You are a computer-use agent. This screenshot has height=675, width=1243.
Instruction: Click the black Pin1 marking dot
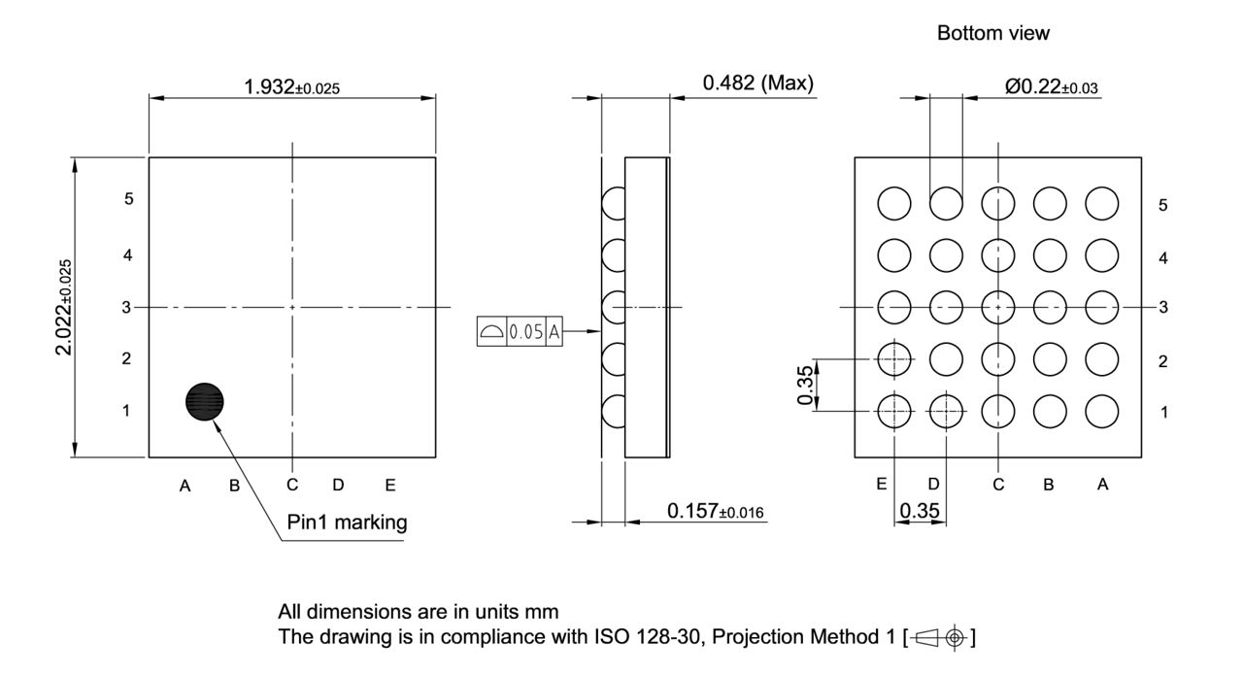click(205, 400)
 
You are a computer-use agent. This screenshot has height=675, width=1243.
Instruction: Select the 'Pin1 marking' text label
click(347, 523)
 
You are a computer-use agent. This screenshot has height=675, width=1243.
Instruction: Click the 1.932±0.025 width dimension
click(291, 86)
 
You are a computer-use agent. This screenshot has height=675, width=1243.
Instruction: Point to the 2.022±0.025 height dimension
click(64, 307)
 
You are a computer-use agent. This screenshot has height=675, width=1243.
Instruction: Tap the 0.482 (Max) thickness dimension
click(757, 84)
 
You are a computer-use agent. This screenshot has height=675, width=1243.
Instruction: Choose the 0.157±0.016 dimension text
click(717, 511)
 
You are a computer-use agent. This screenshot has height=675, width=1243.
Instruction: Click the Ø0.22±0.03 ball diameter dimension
click(1051, 86)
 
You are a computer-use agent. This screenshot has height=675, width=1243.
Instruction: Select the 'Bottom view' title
click(992, 33)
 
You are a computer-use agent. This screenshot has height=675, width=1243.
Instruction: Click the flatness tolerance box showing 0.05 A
click(520, 331)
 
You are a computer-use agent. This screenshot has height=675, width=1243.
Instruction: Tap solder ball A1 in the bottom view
click(1102, 411)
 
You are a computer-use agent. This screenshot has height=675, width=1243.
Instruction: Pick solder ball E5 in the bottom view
click(894, 204)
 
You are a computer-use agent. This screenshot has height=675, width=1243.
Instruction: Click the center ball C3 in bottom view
click(998, 307)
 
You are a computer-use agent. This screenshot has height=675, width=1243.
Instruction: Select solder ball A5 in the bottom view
click(1102, 204)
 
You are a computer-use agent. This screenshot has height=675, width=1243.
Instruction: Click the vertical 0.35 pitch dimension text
click(805, 386)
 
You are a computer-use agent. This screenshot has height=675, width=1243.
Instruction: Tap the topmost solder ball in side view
click(614, 205)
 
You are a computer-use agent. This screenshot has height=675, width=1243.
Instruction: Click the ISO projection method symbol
click(939, 638)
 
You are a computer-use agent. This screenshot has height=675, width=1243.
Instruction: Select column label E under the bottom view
click(882, 485)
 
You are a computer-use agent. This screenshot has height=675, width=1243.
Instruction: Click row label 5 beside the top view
click(128, 199)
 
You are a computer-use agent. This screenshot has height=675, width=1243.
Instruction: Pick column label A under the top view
click(185, 486)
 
